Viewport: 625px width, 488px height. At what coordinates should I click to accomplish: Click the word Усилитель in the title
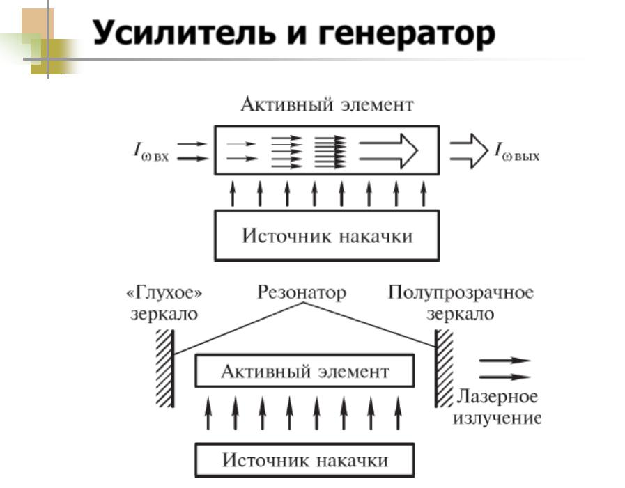184,33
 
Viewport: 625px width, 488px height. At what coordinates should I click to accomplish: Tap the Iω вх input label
151,151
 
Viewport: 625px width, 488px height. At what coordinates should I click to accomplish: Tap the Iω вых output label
516,151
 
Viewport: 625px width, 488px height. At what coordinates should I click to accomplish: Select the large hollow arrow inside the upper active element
389,151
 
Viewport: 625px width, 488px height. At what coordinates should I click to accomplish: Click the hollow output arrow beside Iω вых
469,151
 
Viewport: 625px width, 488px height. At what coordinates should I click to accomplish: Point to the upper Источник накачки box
327,235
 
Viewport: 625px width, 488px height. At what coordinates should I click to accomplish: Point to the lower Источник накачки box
304,460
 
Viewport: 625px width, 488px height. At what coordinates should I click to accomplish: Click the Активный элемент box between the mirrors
304,371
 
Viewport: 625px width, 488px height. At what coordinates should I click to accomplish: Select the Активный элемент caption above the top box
327,104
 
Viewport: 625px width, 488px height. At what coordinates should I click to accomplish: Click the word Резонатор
302,292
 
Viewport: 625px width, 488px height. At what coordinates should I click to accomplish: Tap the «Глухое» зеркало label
164,303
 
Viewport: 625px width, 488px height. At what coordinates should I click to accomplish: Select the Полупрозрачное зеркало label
461,303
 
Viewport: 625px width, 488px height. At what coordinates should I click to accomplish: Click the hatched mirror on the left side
165,368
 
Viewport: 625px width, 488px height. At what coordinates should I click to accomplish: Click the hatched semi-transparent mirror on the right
444,368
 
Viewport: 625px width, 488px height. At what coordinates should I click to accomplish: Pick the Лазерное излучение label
497,407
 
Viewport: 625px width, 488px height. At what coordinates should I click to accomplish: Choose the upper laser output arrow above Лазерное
504,361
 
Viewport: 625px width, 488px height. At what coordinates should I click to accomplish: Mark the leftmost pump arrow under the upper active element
233,194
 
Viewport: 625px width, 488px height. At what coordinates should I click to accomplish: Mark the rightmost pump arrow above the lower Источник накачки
398,413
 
